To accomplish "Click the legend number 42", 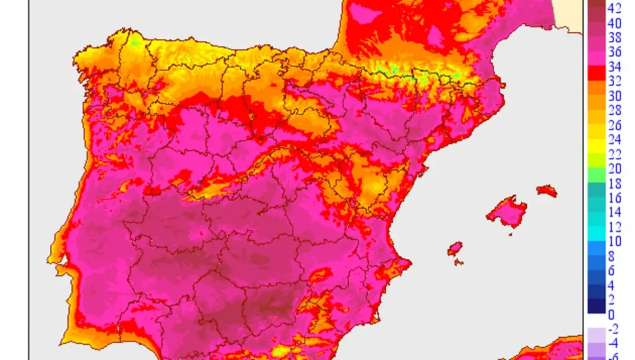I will (614, 8).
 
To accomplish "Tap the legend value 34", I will (614, 67).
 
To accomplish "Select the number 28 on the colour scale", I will (614, 111).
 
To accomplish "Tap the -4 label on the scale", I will (614, 343).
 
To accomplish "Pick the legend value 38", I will (614, 38).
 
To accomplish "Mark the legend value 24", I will (614, 140).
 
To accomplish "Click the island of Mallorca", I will (506, 211).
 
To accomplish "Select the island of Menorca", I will (547, 191).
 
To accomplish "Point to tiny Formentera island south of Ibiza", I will (459, 262).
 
